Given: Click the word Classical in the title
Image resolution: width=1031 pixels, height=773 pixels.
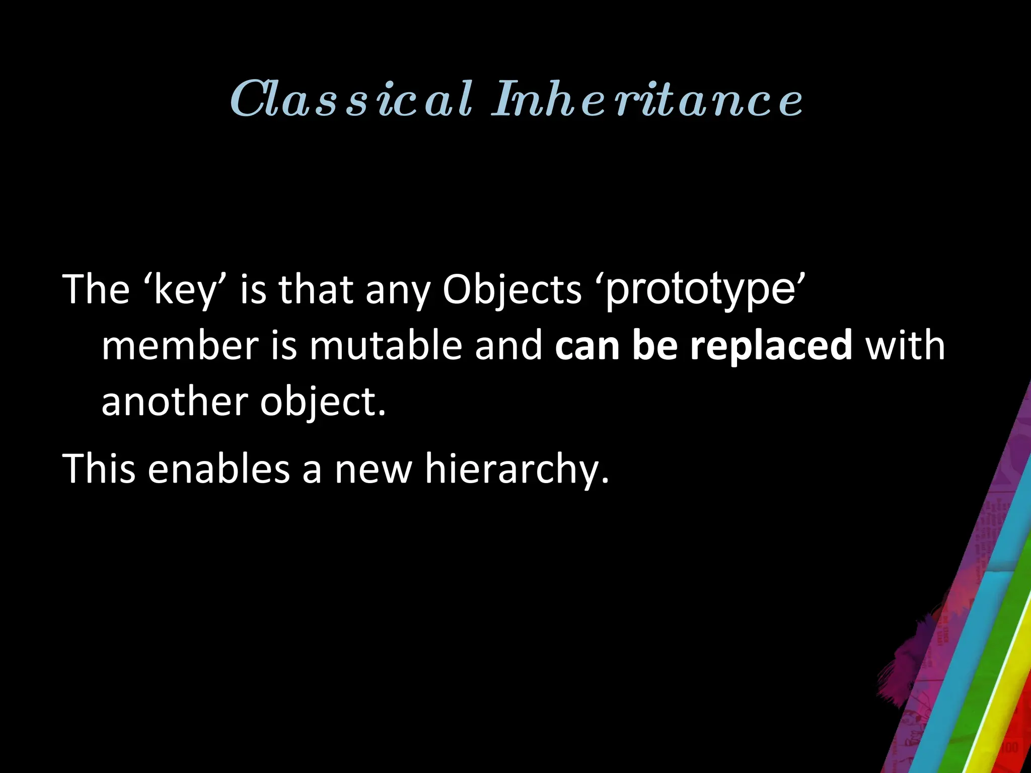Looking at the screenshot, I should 351,99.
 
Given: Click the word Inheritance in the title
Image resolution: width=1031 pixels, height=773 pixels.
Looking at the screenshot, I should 647,99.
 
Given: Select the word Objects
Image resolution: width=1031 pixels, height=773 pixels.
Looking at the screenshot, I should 512,290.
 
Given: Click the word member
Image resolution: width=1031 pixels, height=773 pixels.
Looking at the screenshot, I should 180,346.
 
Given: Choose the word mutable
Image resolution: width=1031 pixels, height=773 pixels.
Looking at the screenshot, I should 386,346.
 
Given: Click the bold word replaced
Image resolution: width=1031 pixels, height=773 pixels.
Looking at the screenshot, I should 771,346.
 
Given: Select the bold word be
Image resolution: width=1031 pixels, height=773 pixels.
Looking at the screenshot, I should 654,346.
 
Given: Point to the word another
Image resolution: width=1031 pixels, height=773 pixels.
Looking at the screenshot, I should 175,402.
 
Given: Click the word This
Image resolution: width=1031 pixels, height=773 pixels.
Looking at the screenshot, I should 99,469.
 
